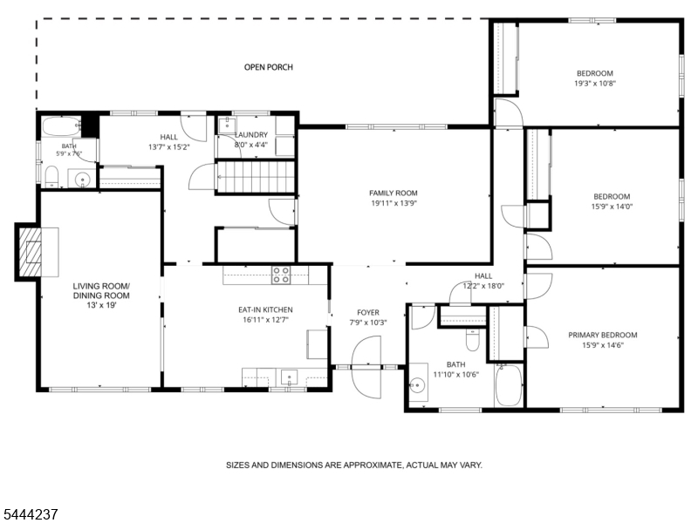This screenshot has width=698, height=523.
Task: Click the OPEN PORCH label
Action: (269, 67)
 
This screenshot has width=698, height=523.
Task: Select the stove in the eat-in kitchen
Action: (281, 275)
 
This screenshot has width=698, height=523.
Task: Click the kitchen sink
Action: (289, 378)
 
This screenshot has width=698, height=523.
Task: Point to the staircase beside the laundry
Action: (256, 177)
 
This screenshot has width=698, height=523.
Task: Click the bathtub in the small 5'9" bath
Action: (61, 126)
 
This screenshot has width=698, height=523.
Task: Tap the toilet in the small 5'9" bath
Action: (52, 177)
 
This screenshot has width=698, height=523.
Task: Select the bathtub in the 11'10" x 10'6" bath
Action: (509, 385)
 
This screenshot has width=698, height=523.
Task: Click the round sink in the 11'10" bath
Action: (417, 384)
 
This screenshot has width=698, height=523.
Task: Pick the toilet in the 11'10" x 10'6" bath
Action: (472, 340)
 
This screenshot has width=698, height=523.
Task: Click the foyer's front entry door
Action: (366, 367)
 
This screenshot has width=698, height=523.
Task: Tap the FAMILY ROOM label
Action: (393, 193)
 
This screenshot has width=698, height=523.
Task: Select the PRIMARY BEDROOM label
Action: (602, 335)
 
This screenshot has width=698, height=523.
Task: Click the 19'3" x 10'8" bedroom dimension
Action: (595, 83)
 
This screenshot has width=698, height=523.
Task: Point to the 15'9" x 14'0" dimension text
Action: (612, 207)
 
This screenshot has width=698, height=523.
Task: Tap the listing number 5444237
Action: (29, 514)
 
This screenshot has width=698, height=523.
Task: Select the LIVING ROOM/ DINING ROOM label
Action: (101, 291)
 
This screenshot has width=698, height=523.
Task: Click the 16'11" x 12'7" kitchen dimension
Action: (266, 319)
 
